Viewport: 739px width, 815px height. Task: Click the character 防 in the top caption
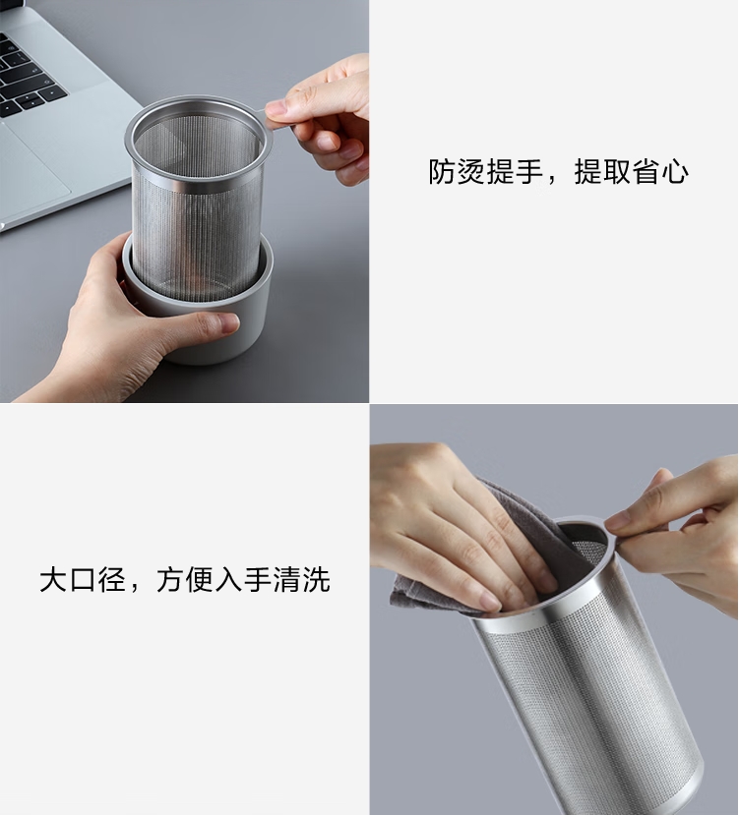443,172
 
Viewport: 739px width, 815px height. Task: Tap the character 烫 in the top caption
472,172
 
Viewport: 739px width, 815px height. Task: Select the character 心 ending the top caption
674,172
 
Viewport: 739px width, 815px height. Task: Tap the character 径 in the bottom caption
111,579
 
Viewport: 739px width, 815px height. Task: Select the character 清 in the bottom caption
286,579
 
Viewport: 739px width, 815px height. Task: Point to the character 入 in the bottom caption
228,579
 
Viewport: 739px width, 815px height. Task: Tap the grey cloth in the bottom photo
433,580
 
